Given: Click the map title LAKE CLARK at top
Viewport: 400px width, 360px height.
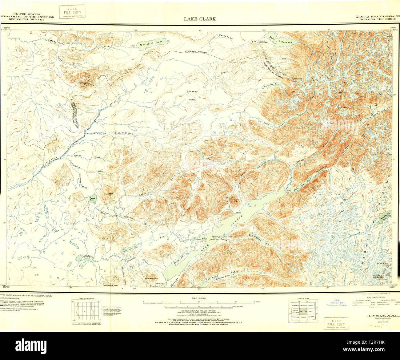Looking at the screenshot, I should pyautogui.click(x=200, y=19).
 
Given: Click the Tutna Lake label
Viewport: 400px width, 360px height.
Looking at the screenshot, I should pyautogui.click(x=92, y=199).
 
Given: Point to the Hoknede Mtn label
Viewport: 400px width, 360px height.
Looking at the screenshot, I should pyautogui.click(x=151, y=278).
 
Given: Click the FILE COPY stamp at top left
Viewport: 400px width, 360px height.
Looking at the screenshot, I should pyautogui.click(x=72, y=12).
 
